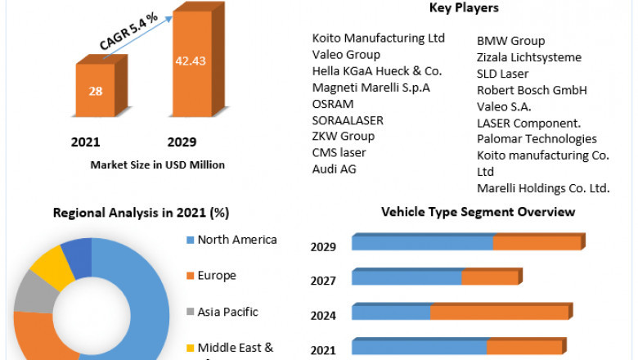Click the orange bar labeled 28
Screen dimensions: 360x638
[96, 91]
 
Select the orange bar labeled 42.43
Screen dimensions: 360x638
[194, 61]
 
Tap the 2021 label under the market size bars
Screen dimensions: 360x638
[85, 142]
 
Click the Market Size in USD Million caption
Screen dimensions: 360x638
[158, 164]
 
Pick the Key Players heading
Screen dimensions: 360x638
[464, 8]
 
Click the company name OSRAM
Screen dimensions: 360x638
[333, 104]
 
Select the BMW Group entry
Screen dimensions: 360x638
[510, 41]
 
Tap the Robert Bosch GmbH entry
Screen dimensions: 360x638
[532, 90]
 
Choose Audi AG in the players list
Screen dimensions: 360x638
[335, 169]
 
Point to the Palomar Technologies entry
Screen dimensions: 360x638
[537, 139]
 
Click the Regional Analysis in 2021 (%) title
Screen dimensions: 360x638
[141, 213]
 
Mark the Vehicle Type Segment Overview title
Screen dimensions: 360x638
[478, 213]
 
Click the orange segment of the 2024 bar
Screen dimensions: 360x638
[499, 312]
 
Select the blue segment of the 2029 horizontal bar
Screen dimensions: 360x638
[422, 242]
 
